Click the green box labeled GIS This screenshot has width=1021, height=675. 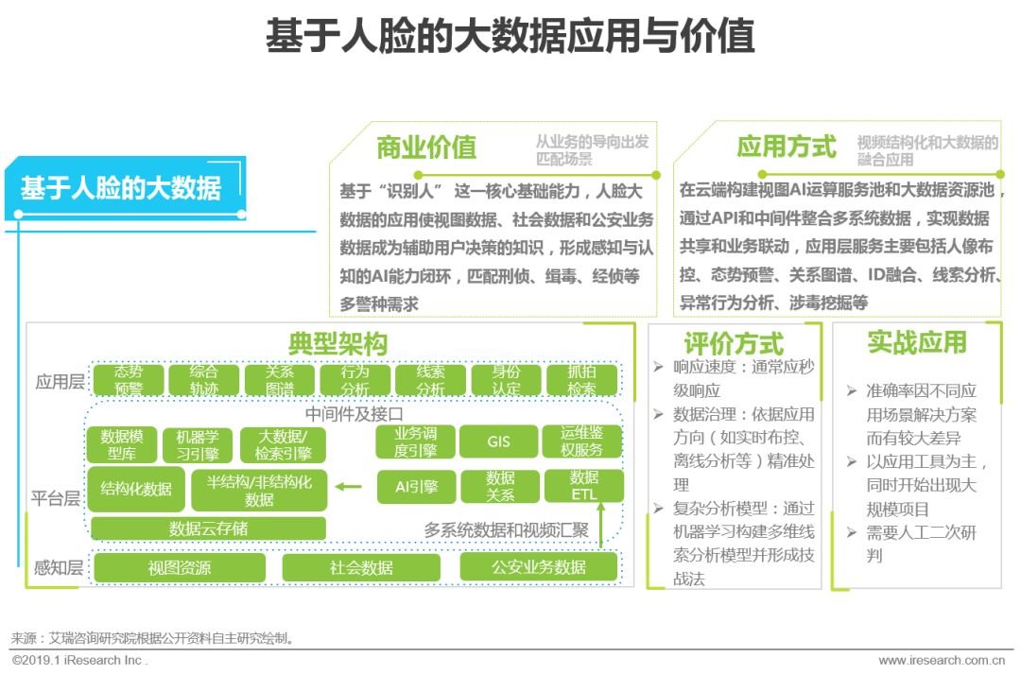[498, 441]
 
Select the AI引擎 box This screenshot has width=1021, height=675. [416, 487]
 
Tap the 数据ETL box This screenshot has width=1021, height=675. [583, 486]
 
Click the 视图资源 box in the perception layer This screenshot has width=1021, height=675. [179, 567]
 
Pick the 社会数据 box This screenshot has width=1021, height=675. [361, 567]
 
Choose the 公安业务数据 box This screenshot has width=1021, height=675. [538, 567]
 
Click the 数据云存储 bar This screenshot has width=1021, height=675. [207, 528]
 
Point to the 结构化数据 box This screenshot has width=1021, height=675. [136, 489]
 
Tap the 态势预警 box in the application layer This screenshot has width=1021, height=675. [129, 380]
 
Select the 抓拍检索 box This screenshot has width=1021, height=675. [581, 380]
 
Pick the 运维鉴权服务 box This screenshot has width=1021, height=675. [580, 441]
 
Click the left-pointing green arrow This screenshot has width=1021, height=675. [348, 487]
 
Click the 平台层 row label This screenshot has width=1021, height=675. [56, 498]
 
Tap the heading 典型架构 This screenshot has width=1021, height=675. [337, 342]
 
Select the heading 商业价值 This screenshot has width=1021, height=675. [425, 147]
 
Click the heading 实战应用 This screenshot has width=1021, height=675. [916, 341]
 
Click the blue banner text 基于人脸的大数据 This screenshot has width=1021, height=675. [121, 188]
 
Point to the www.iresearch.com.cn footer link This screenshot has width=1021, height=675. [941, 660]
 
